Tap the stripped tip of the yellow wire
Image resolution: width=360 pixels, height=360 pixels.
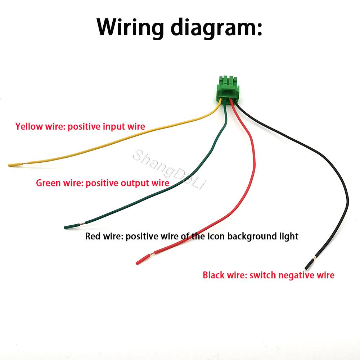point(15,165)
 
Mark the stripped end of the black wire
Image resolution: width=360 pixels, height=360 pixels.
point(310,264)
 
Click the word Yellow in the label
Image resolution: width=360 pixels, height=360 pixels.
point(29,126)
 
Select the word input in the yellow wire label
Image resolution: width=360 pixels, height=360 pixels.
point(113,127)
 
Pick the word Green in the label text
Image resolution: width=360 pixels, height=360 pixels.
point(49,183)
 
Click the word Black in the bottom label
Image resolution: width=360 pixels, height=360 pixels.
point(213,275)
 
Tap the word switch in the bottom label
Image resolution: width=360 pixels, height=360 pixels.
point(263,275)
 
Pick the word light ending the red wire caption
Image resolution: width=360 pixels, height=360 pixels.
point(289,236)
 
